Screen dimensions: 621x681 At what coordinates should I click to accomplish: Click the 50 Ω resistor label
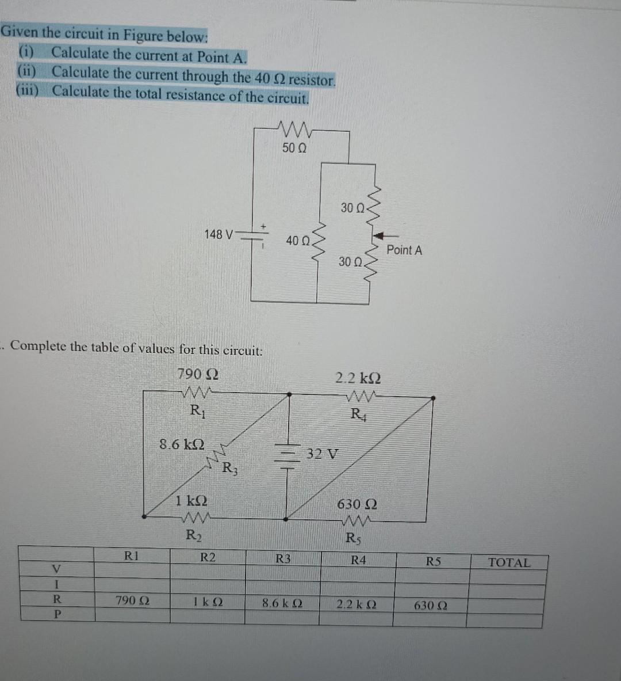294,148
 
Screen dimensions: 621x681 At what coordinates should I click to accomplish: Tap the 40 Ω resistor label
298,241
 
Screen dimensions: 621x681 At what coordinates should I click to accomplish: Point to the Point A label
404,250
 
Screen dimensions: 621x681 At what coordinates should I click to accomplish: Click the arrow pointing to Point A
386,235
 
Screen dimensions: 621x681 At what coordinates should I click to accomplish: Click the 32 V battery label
322,453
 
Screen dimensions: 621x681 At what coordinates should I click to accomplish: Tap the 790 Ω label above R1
197,374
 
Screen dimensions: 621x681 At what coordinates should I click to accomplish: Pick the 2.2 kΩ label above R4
358,378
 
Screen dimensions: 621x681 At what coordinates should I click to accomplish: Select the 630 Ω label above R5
356,504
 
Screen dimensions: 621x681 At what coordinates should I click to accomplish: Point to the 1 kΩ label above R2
191,500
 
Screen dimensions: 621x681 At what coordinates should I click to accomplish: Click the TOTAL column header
509,562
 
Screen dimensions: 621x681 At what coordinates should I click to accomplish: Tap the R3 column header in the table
282,558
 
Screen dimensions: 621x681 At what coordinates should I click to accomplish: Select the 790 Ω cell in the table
132,600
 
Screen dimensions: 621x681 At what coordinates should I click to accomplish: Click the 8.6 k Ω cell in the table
282,603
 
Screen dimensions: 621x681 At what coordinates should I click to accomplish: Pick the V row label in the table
56,569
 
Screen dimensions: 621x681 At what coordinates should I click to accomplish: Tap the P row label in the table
56,614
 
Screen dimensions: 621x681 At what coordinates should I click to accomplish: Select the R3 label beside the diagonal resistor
228,467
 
